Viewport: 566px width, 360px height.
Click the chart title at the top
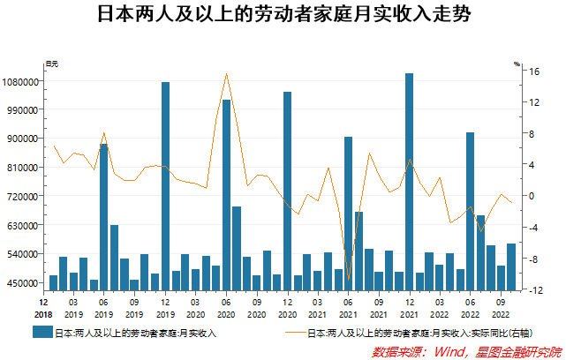click(x=283, y=17)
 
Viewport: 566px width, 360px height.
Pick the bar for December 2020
click(x=288, y=190)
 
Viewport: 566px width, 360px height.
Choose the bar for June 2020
click(x=226, y=194)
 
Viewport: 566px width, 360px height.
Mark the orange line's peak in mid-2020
click(x=227, y=74)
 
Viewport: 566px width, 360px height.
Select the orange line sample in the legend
click(x=295, y=333)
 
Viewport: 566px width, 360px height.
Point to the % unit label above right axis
click(x=517, y=64)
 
